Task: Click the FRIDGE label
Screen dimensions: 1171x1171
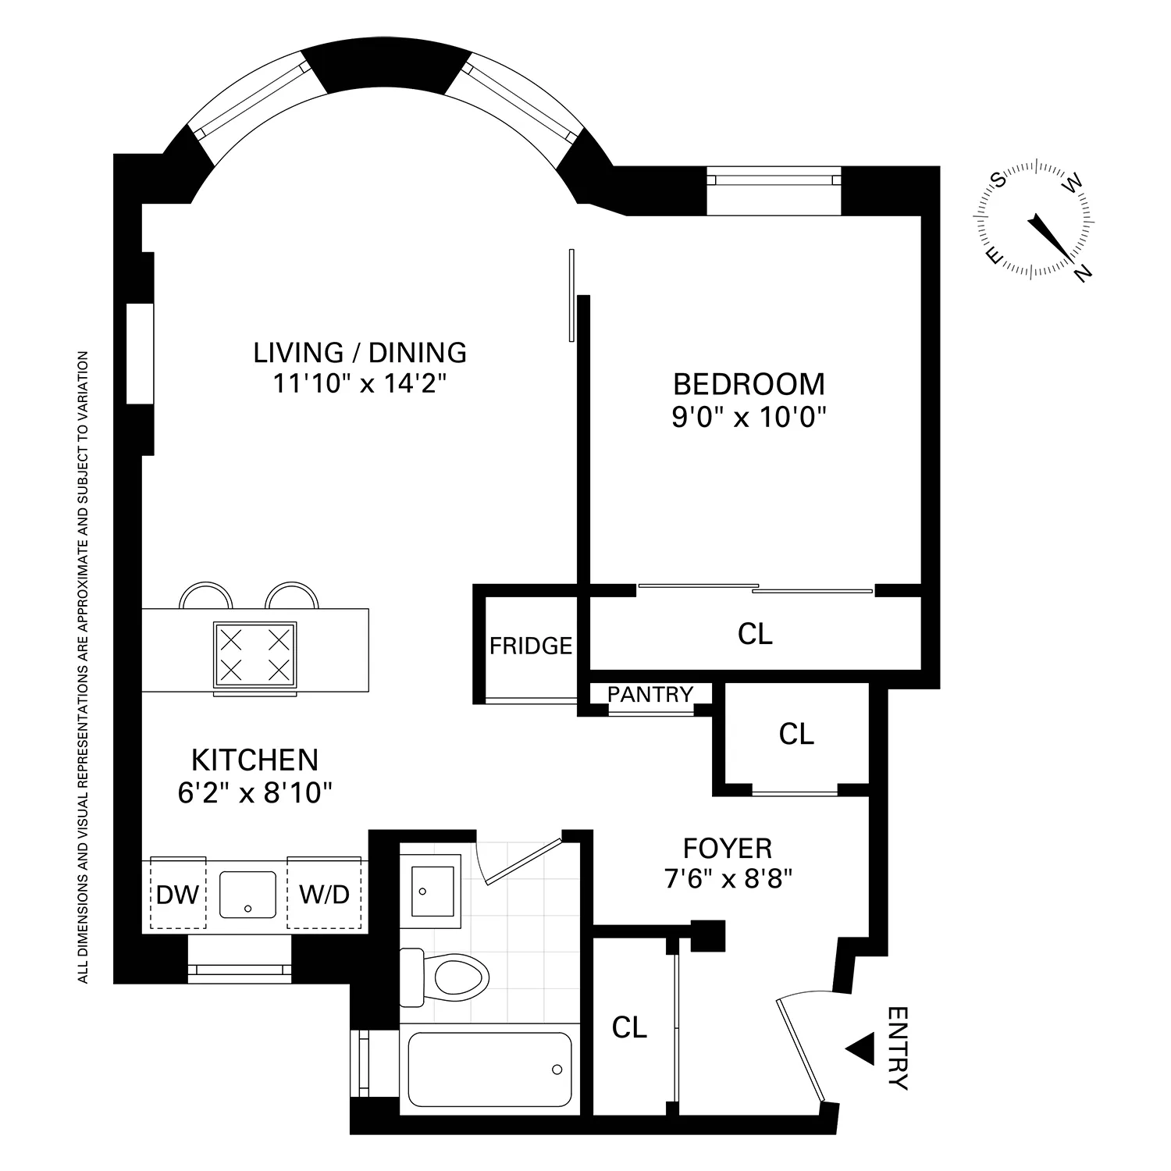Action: (x=531, y=646)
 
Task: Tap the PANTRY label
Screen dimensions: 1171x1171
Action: (x=650, y=694)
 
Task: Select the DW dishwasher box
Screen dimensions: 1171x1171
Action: (x=177, y=895)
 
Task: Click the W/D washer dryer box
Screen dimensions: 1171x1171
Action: (x=325, y=895)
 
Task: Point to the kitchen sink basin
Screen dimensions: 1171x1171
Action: (x=248, y=895)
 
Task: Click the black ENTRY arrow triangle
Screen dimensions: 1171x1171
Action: (x=860, y=1050)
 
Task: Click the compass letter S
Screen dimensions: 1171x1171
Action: (x=998, y=180)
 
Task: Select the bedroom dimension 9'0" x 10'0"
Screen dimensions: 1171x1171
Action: (x=749, y=418)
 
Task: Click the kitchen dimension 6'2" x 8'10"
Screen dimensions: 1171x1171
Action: (x=254, y=793)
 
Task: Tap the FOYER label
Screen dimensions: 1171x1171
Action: (x=727, y=848)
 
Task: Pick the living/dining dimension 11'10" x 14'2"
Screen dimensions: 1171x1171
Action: (x=359, y=385)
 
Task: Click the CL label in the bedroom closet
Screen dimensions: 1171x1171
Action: (x=754, y=634)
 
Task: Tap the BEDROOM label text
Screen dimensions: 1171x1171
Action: (x=749, y=384)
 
